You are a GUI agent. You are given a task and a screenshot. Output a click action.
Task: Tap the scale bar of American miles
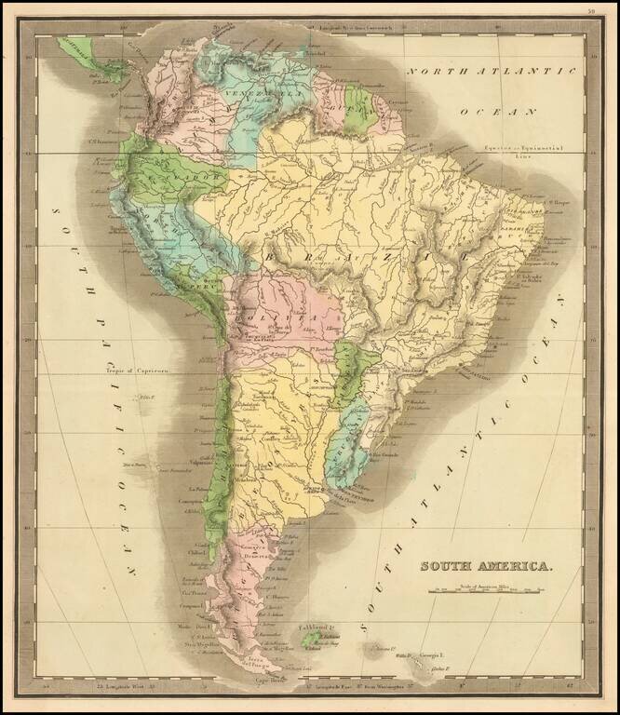(487, 590)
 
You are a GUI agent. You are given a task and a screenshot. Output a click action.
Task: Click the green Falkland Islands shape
(311, 641)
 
